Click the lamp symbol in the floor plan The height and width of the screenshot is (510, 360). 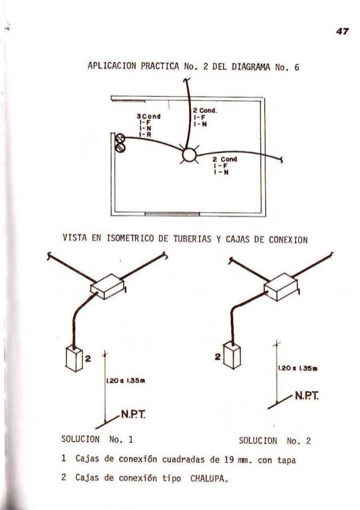point(188,154)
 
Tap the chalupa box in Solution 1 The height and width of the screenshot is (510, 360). point(73,358)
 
